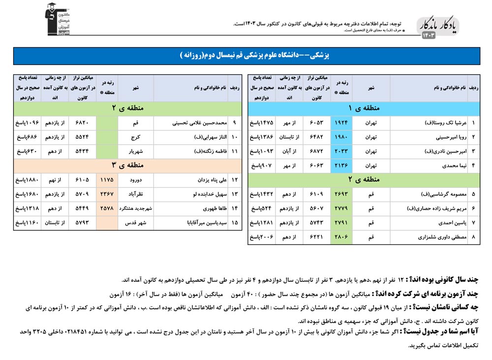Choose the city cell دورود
pos(135,180)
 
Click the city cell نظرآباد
pos(135,194)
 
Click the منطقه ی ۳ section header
pos(127,165)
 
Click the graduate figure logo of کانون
pos(58,19)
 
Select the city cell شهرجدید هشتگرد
pos(135,209)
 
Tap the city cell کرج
pos(135,137)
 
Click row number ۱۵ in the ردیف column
pos(234,223)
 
